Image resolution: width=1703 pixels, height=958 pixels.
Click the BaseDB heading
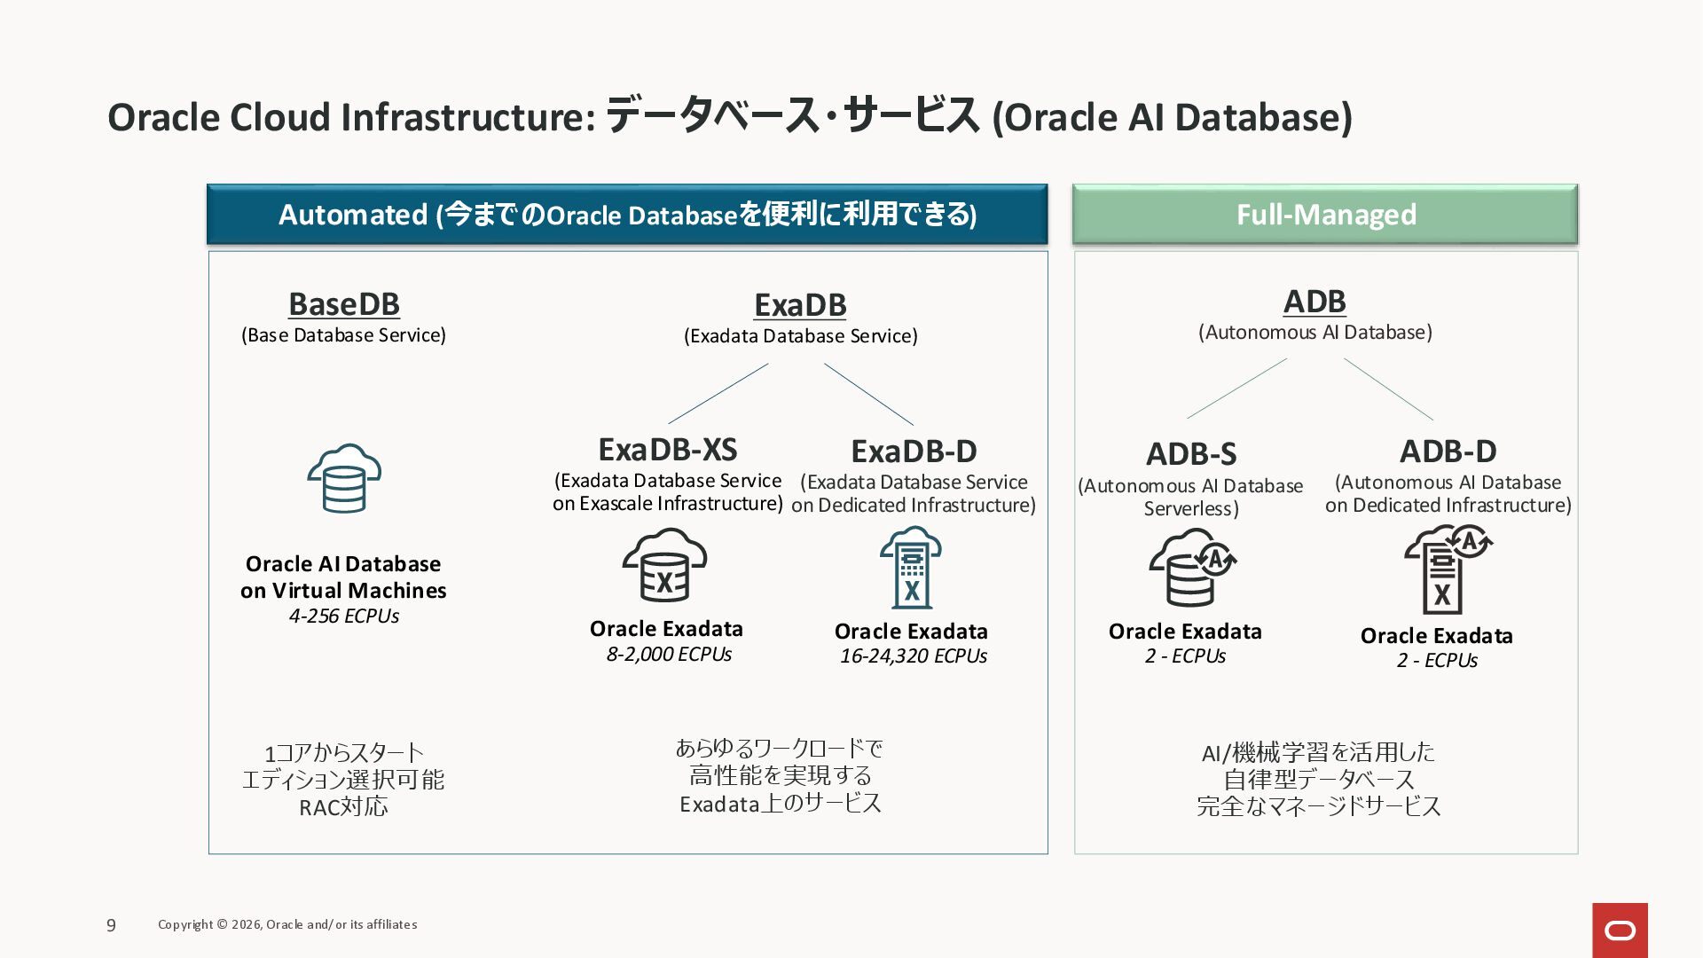tap(344, 304)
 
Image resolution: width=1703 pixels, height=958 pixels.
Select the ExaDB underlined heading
tap(800, 305)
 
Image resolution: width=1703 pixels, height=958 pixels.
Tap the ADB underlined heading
tap(1315, 302)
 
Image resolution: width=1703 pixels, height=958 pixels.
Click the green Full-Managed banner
tap(1325, 215)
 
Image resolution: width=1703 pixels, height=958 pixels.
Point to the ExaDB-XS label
tap(668, 450)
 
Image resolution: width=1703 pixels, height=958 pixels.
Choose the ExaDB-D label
tap(914, 452)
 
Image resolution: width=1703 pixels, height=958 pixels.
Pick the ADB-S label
tap(1190, 454)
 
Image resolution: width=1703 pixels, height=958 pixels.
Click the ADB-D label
tap(1448, 452)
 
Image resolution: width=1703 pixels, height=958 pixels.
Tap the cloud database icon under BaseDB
tap(344, 479)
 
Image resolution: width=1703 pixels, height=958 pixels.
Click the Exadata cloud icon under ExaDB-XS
tap(664, 566)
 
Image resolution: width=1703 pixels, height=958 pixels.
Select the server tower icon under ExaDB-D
tap(911, 568)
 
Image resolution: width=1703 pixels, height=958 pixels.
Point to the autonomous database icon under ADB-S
tap(1192, 568)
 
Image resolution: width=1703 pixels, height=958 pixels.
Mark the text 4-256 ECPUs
tap(344, 616)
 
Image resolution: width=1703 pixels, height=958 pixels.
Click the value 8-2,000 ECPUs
tap(669, 655)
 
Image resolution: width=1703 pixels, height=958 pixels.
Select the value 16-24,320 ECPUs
tap(914, 656)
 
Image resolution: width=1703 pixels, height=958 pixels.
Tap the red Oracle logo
tap(1620, 930)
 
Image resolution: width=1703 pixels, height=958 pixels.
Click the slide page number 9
tap(111, 925)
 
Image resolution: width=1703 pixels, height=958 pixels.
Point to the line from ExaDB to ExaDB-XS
tap(718, 393)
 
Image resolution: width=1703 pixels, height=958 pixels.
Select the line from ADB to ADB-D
tap(1388, 389)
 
